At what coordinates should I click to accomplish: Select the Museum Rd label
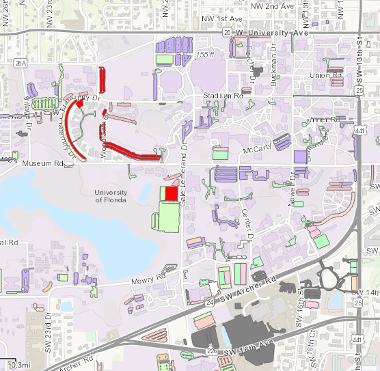(x=42, y=164)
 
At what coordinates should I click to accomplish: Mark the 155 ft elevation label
(x=204, y=54)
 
